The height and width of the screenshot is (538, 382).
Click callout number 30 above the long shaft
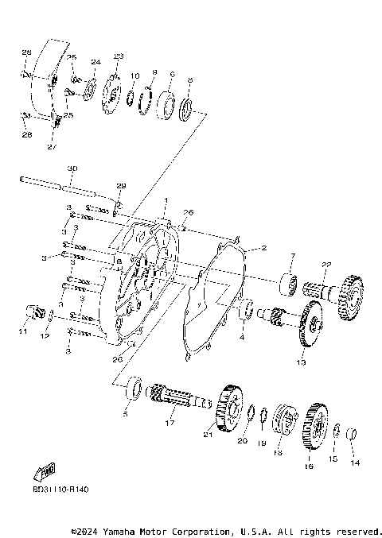[x=72, y=169]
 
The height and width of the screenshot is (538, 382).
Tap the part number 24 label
[x=95, y=61]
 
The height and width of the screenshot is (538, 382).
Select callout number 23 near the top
[x=119, y=56]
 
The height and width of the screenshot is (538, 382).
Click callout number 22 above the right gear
[x=325, y=265]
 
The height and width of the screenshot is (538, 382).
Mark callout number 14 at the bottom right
[x=356, y=462]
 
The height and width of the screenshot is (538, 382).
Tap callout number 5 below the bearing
[x=125, y=413]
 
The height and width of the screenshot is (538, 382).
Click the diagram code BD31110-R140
[x=61, y=490]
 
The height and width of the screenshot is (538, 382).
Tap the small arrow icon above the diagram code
[x=47, y=471]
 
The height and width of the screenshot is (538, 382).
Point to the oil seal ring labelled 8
[x=188, y=108]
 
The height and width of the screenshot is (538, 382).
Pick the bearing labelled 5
[x=135, y=388]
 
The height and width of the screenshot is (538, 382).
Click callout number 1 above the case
[x=166, y=199]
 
